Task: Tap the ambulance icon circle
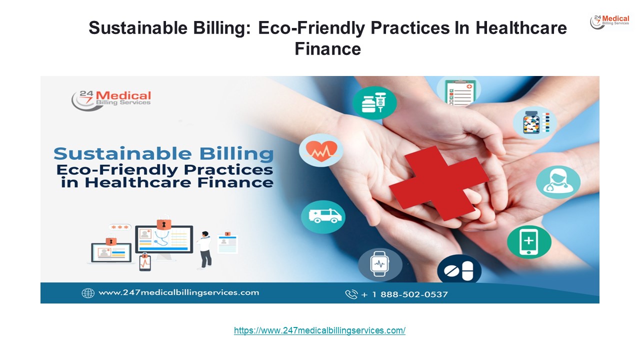(x=323, y=216)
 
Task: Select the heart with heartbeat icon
(x=321, y=149)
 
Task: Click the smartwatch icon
(x=379, y=263)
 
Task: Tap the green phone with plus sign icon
(x=529, y=242)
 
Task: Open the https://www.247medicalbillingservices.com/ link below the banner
(x=319, y=330)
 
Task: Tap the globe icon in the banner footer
(x=88, y=293)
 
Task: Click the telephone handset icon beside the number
(x=351, y=294)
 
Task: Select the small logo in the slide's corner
(x=609, y=22)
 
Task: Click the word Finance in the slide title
(x=327, y=48)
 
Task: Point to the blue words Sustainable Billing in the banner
(x=163, y=154)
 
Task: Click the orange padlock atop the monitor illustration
(x=162, y=223)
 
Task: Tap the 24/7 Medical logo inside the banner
(x=111, y=98)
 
